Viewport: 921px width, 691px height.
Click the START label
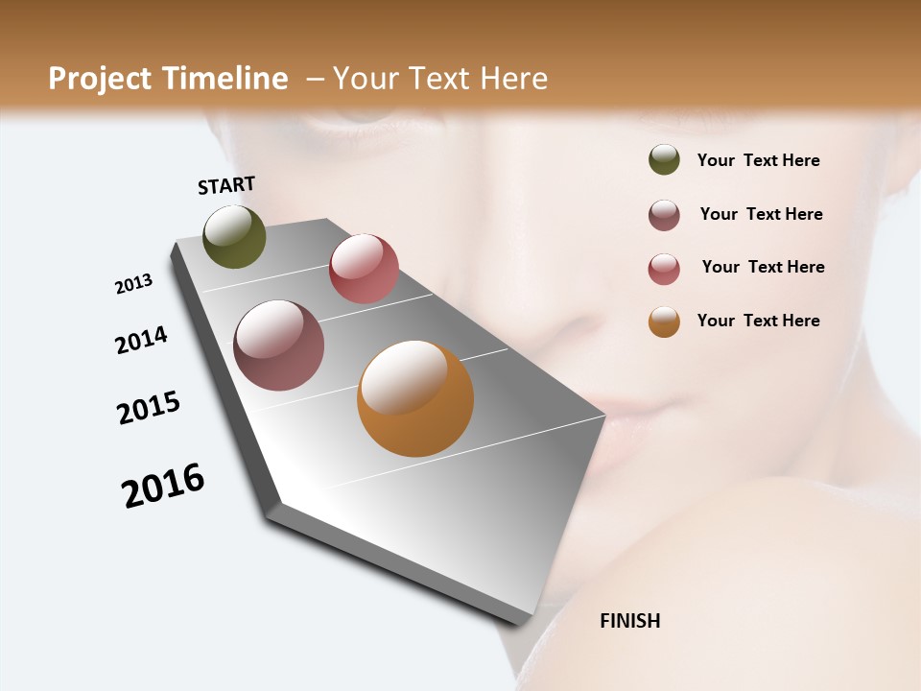tap(226, 185)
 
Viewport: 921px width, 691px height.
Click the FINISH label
tap(629, 621)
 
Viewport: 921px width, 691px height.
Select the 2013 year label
tap(133, 284)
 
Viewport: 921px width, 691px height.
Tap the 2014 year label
tap(141, 340)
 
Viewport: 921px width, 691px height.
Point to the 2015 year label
tap(149, 408)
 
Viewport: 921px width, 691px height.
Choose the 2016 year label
tap(163, 486)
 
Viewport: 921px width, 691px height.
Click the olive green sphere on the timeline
tap(234, 237)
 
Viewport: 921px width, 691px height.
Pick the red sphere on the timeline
tap(364, 269)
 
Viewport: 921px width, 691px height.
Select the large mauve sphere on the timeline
tap(278, 345)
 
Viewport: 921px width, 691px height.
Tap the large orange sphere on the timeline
tap(415, 398)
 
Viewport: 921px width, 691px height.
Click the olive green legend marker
tap(664, 159)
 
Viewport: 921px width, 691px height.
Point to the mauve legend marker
tap(664, 215)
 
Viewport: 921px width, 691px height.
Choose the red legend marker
tap(664, 268)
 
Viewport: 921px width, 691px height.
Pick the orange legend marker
tap(664, 322)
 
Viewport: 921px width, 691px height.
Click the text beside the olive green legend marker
tap(758, 160)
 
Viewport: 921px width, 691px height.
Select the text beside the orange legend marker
tap(758, 321)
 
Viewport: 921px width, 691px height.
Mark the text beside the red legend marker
tap(763, 267)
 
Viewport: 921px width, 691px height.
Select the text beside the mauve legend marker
tap(761, 214)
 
